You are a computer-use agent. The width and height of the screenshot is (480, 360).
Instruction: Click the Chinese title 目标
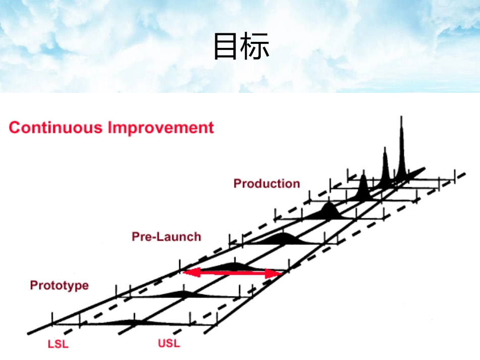[x=241, y=46]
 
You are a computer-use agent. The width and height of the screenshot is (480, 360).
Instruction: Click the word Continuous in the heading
[x=55, y=127]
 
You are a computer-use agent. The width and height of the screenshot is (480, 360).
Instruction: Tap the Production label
[x=267, y=184]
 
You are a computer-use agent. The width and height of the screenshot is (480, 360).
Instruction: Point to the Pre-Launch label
[x=166, y=236]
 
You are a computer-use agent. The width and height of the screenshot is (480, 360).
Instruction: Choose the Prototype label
[x=59, y=285]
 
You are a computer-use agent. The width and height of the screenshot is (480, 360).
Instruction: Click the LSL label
[x=58, y=345]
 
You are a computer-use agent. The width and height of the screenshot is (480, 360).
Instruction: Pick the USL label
[x=169, y=344]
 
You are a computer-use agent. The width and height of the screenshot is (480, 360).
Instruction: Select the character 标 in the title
[x=256, y=46]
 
